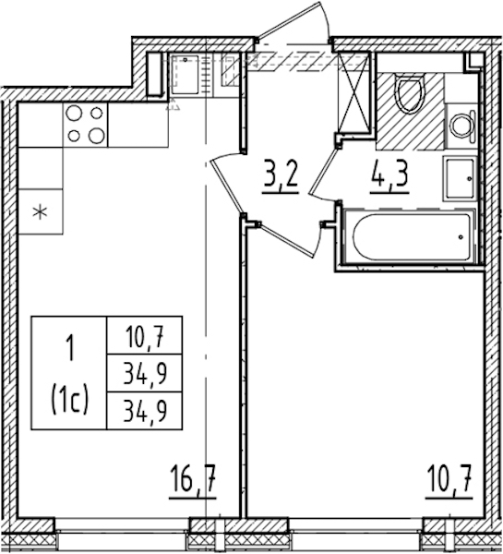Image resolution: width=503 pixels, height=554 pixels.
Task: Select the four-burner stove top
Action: [85, 125]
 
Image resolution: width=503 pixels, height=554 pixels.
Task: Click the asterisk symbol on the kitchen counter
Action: [41, 212]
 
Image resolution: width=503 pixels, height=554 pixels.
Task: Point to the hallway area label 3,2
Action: [281, 175]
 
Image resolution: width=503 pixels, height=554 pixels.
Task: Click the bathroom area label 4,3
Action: [389, 175]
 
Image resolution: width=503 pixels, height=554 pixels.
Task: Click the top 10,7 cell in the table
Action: [145, 335]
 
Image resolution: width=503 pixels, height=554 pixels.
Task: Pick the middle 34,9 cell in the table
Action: [145, 373]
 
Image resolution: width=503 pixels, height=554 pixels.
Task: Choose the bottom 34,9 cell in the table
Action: [145, 411]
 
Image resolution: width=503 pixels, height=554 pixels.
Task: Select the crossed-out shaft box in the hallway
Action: [353, 92]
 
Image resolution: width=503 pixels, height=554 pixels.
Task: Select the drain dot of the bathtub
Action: [461, 237]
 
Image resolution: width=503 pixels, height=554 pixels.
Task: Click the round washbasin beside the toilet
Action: [461, 126]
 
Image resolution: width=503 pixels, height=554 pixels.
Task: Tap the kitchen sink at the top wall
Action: [185, 74]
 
